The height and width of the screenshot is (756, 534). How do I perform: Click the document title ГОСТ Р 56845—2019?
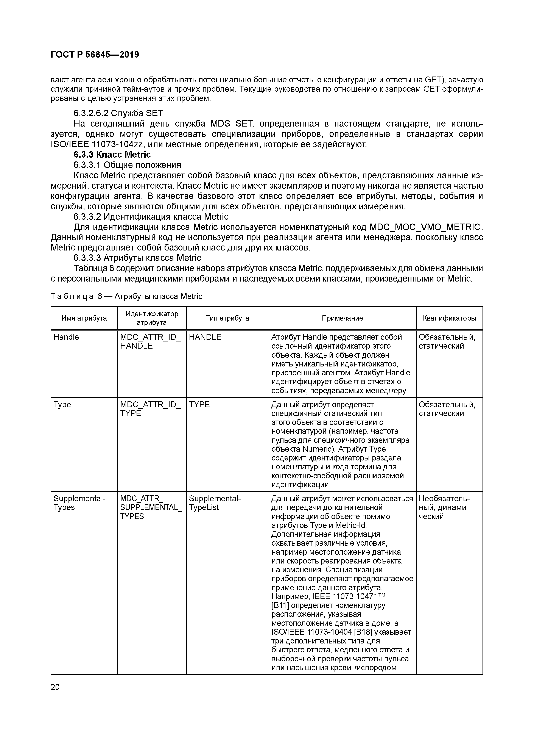pos(95,55)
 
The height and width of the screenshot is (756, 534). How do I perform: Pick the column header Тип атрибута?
pos(227,318)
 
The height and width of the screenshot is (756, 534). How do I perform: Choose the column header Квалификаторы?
pos(449,318)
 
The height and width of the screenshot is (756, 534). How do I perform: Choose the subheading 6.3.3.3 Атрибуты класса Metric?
pos(137,257)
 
